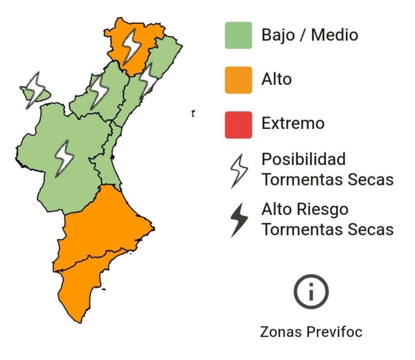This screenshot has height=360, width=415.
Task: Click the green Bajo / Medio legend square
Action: tap(238, 36)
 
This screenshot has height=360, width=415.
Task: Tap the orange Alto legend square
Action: tap(238, 80)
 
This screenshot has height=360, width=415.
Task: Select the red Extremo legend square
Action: tap(238, 124)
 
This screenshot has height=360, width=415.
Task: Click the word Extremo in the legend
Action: tap(293, 124)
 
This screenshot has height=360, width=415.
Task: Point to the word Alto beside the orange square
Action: tap(276, 79)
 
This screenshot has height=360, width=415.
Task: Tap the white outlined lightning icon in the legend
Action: tap(239, 169)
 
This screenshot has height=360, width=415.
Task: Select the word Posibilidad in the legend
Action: tap(303, 160)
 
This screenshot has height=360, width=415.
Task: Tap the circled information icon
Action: tap(311, 291)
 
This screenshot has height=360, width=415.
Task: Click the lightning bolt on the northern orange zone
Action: tap(130, 45)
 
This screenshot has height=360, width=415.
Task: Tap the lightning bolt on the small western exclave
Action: tap(35, 89)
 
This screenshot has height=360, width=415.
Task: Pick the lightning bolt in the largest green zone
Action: tap(64, 157)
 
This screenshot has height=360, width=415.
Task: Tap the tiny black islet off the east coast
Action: tap(193, 113)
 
